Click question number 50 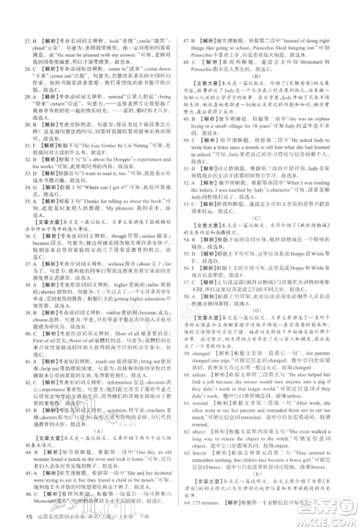188,146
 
